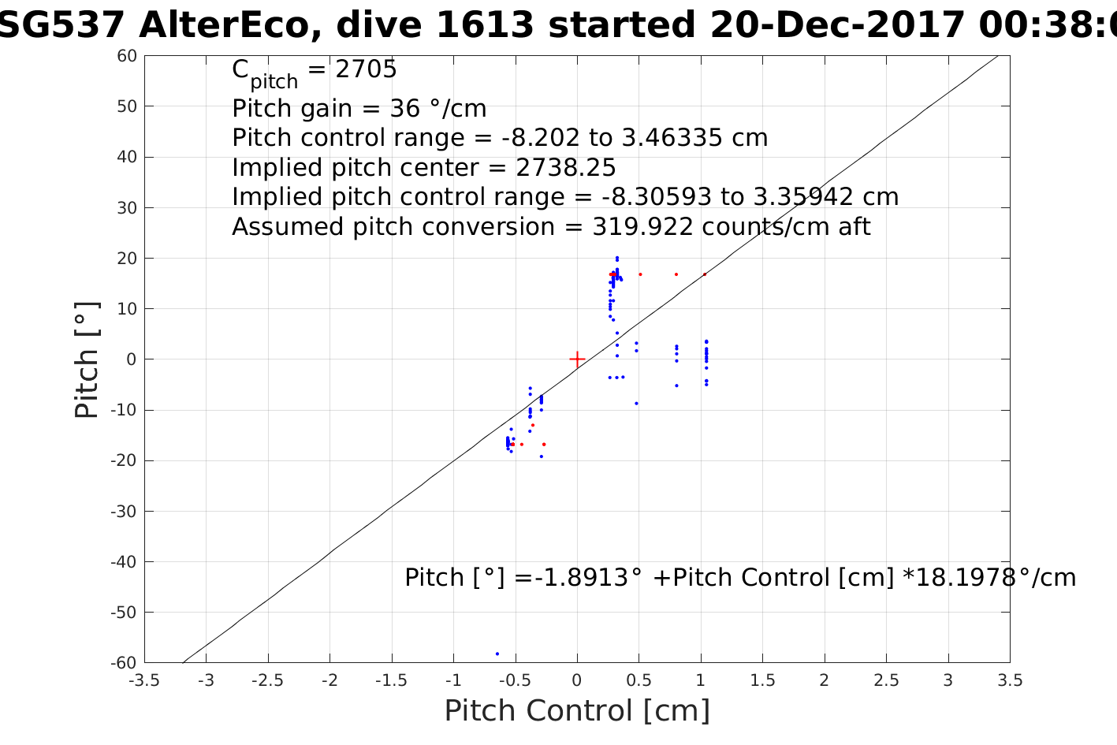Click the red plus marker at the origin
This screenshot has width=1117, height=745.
click(x=577, y=359)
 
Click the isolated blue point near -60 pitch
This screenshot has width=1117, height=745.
click(x=497, y=654)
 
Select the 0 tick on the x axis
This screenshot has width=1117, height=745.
click(x=577, y=680)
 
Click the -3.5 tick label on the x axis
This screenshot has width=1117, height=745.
click(x=144, y=680)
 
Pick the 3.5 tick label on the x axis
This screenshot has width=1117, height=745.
click(x=1010, y=680)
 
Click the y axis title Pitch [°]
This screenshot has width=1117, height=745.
click(x=87, y=359)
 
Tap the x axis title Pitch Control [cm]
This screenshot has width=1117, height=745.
click(x=577, y=711)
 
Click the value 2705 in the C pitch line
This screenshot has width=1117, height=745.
click(x=367, y=70)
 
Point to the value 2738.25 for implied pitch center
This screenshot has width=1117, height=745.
click(x=566, y=168)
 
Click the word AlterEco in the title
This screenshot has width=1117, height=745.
click(x=229, y=25)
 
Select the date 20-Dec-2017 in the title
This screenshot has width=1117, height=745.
click(x=837, y=25)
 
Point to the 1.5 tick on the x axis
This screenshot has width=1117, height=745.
click(x=762, y=680)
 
